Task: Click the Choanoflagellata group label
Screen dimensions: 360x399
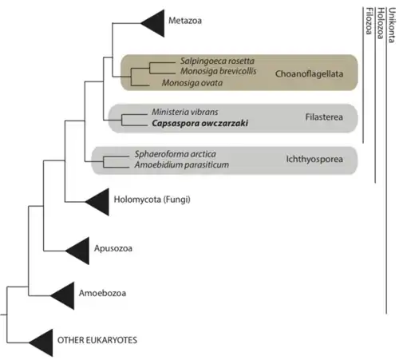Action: click(x=309, y=72)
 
